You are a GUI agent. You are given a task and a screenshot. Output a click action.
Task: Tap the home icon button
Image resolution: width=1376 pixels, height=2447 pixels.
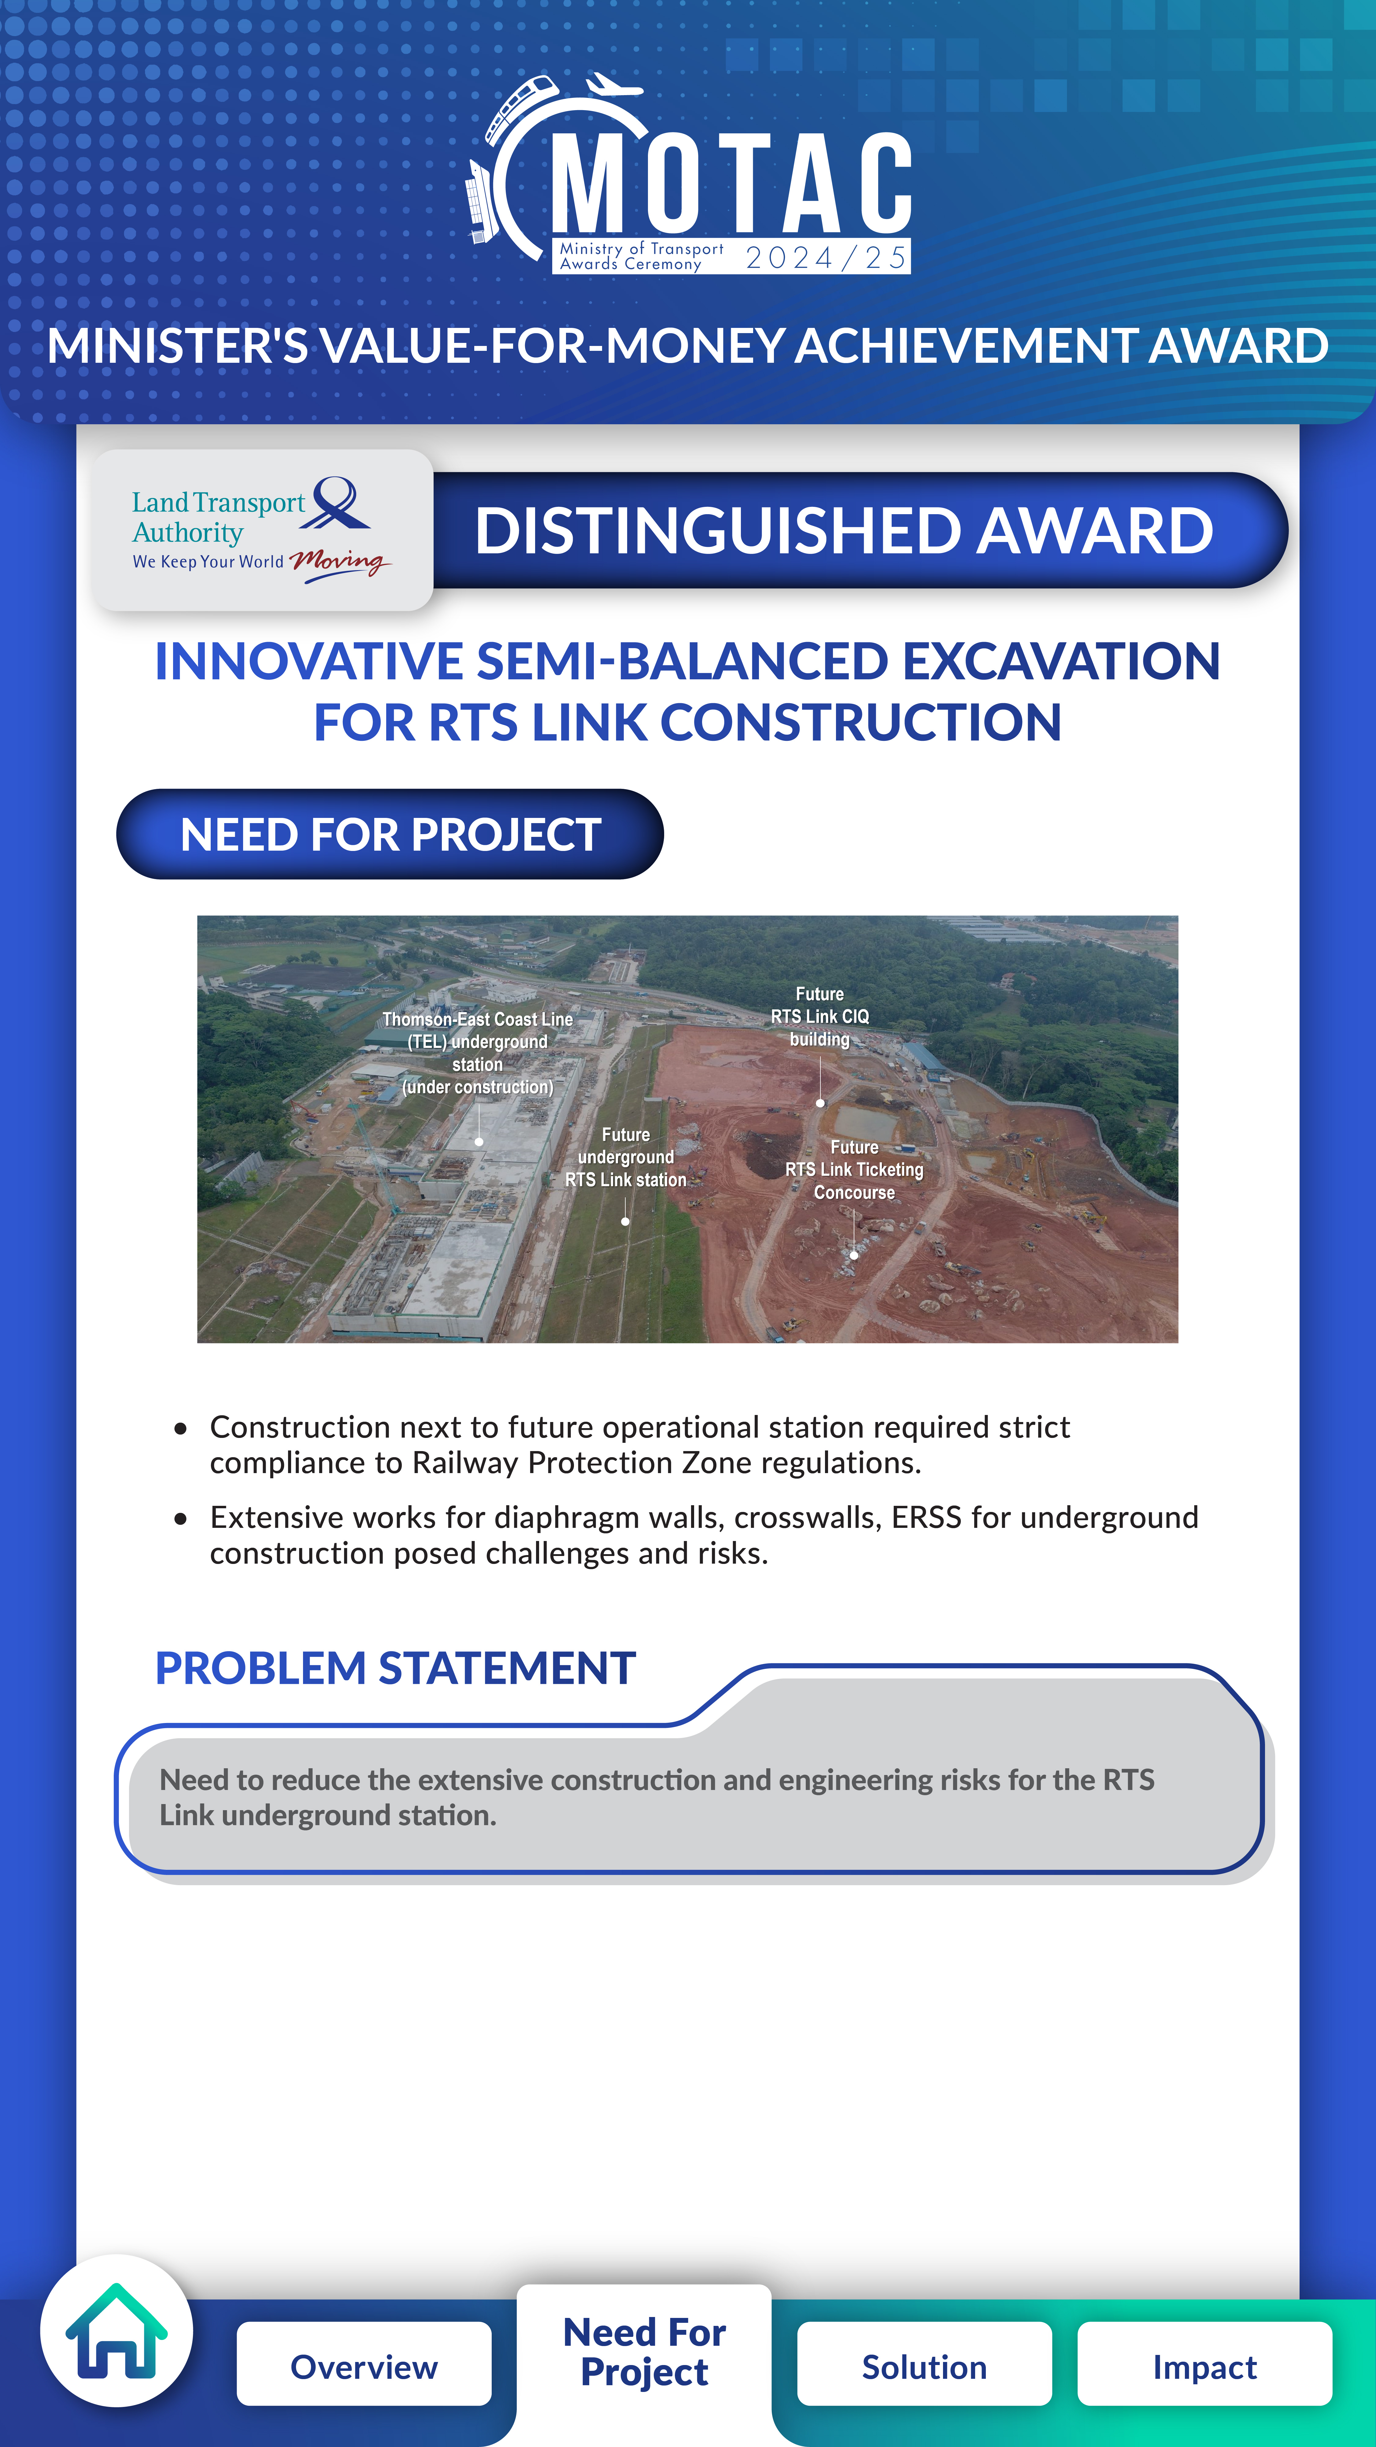117,2331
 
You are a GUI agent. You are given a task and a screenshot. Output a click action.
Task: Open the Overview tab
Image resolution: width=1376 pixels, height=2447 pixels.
364,2366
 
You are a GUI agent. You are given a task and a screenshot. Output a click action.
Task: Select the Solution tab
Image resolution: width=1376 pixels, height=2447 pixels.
924,2366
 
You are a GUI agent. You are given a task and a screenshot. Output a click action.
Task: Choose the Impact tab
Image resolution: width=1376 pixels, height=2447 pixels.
1204,2366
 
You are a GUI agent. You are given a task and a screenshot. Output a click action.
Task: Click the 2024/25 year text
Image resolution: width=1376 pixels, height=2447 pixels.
826,258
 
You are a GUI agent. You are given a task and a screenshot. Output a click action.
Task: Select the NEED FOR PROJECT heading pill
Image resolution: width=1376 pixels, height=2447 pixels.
389,834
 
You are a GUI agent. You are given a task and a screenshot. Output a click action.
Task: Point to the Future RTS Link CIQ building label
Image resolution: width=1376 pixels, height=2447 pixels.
819,1016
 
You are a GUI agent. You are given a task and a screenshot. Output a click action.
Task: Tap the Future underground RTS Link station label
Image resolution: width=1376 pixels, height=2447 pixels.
626,1157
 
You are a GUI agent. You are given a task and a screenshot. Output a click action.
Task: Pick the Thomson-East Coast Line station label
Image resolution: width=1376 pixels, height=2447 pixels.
478,1053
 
